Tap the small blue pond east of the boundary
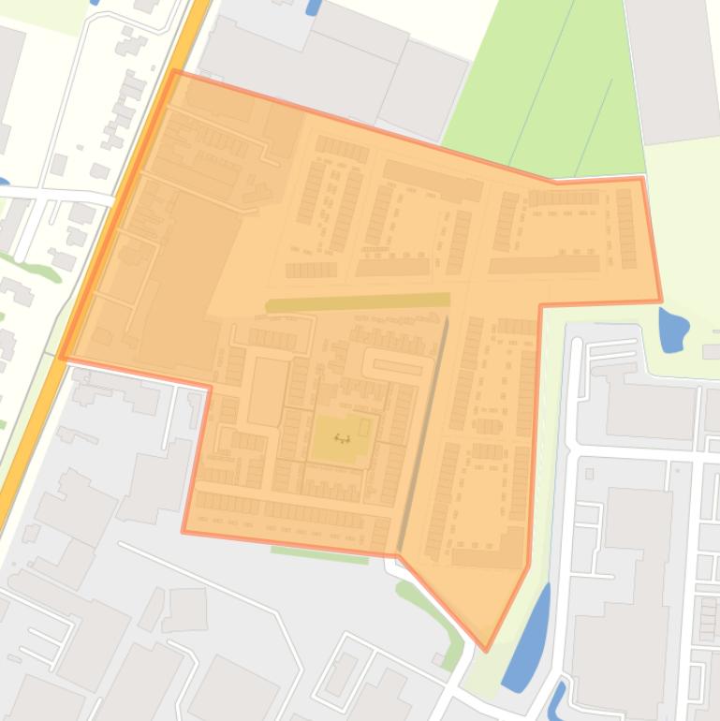(x=672, y=330)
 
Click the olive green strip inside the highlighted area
(x=358, y=302)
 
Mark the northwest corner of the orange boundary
(x=174, y=71)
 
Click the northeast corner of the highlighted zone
(x=641, y=179)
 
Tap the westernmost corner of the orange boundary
(x=62, y=358)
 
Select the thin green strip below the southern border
(x=319, y=554)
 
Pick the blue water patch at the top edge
(x=313, y=7)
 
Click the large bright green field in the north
(x=543, y=84)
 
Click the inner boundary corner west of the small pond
(x=540, y=305)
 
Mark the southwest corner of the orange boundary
(x=184, y=531)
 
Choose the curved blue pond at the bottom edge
(x=558, y=698)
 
